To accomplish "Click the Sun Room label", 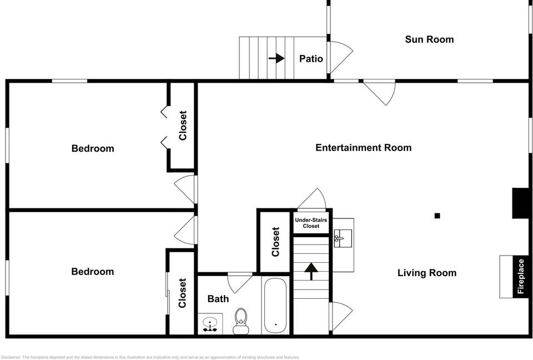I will tap(429, 39).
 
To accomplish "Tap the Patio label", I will tap(311, 59).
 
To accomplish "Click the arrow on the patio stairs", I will tap(276, 58).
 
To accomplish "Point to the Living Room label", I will tap(426, 273).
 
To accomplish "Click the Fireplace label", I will tap(521, 277).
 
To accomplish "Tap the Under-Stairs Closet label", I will tap(311, 223).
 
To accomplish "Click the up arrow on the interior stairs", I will tap(311, 271).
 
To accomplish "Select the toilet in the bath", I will tap(241, 320).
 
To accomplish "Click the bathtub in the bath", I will tap(274, 306).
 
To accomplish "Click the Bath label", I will tap(218, 299).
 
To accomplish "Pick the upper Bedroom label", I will tap(93, 148).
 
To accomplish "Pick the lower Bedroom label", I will tap(93, 272).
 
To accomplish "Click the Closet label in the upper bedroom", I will tap(183, 125).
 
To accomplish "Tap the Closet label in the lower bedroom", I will tap(182, 293).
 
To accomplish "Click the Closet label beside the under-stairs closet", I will tap(275, 242).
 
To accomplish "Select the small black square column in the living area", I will tap(438, 216).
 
